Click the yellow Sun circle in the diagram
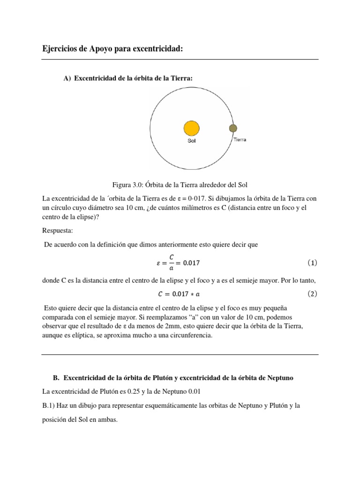(191, 128)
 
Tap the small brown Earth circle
(232, 128)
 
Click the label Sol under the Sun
(191, 141)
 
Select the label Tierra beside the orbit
(239, 140)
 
